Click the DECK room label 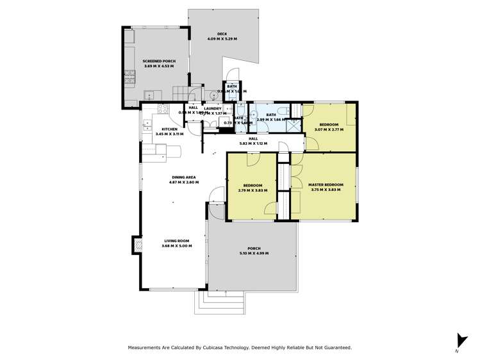[x=222, y=35]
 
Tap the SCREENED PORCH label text [x=159, y=61]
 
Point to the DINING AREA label [x=183, y=177]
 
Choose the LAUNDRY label [x=213, y=108]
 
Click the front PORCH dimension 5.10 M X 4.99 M [x=254, y=254]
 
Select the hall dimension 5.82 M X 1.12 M [x=253, y=143]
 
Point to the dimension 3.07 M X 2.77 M [x=329, y=129]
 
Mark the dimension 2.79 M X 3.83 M [x=252, y=190]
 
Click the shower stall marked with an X [x=294, y=126]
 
